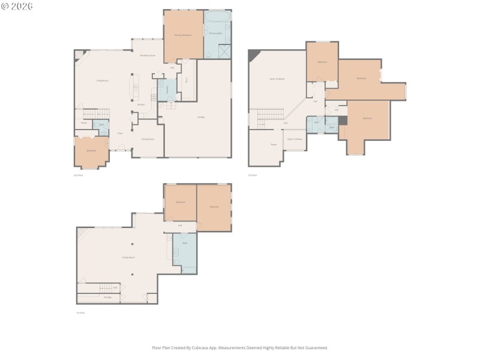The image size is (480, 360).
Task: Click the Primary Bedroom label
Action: click(182, 35)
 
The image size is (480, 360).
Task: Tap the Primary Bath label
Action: click(215, 34)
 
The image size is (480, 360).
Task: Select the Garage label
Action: click(201, 117)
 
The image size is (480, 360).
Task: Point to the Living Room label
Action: click(103, 80)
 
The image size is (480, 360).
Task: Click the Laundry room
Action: click(167, 89)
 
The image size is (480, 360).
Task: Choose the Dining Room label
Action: click(148, 139)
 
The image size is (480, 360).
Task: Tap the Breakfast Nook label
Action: click(148, 56)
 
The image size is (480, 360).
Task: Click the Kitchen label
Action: click(141, 104)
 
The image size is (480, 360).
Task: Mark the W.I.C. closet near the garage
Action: click(187, 80)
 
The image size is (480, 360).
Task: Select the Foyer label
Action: click(120, 133)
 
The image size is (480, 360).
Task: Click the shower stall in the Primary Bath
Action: click(224, 52)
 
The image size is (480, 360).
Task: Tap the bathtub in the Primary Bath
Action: click(217, 16)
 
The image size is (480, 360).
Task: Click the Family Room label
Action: click(128, 257)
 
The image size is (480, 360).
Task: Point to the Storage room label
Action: click(107, 297)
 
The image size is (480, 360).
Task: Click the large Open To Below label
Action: click(277, 79)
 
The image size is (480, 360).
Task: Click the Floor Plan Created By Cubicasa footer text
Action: click(240, 347)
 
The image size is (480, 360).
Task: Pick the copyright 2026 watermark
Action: click(17, 6)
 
